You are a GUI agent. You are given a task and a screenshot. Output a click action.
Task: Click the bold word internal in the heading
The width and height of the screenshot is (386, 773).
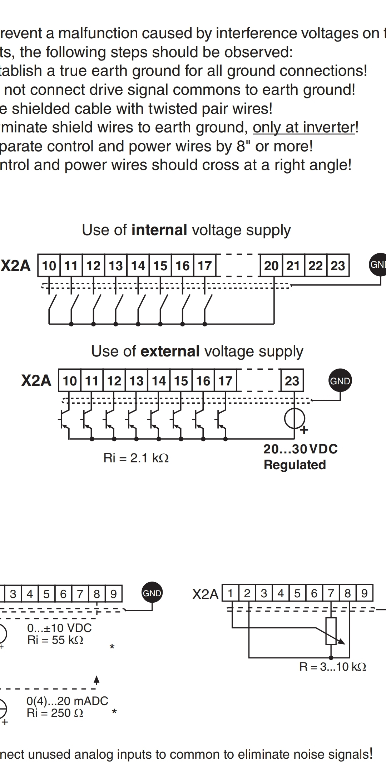tap(159, 230)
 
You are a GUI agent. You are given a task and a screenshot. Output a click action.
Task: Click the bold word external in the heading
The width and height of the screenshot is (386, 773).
tap(170, 351)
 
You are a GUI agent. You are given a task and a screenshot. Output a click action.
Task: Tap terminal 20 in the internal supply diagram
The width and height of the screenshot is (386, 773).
tap(271, 266)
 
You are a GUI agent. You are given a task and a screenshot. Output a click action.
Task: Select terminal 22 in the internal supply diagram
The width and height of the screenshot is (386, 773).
tap(316, 266)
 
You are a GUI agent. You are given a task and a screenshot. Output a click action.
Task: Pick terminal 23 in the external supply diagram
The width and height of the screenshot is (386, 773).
tap(292, 381)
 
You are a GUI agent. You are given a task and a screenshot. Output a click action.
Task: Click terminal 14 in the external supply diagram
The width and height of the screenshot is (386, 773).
tap(159, 381)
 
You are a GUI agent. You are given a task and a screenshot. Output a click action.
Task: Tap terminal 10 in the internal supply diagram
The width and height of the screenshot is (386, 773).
tap(49, 266)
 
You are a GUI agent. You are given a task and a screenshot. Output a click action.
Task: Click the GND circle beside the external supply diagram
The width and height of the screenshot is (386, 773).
tap(340, 381)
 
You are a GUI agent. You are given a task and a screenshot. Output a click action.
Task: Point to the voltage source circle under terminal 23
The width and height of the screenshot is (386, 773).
tap(295, 418)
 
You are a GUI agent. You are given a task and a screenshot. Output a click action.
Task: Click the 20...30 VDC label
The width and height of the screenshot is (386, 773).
tap(301, 449)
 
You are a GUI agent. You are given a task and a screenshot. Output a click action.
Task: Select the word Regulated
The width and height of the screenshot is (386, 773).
tap(295, 465)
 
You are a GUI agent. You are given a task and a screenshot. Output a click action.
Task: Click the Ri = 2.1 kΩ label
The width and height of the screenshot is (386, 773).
tap(136, 458)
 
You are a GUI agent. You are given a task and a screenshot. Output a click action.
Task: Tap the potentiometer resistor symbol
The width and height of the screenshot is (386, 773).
tap(331, 631)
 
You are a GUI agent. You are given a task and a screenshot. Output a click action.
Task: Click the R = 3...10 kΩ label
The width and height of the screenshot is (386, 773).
tap(333, 667)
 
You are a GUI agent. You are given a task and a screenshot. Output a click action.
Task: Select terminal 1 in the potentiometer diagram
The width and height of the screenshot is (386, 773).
tap(231, 593)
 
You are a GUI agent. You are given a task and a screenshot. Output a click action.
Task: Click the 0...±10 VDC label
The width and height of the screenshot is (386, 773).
tap(59, 628)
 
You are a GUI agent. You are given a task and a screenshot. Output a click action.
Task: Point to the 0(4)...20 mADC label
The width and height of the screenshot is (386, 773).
tap(67, 701)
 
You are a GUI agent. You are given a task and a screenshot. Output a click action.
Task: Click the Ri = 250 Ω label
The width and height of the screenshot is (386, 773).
tap(55, 713)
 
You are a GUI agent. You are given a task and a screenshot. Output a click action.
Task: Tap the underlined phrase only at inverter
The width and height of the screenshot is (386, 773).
tap(304, 127)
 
